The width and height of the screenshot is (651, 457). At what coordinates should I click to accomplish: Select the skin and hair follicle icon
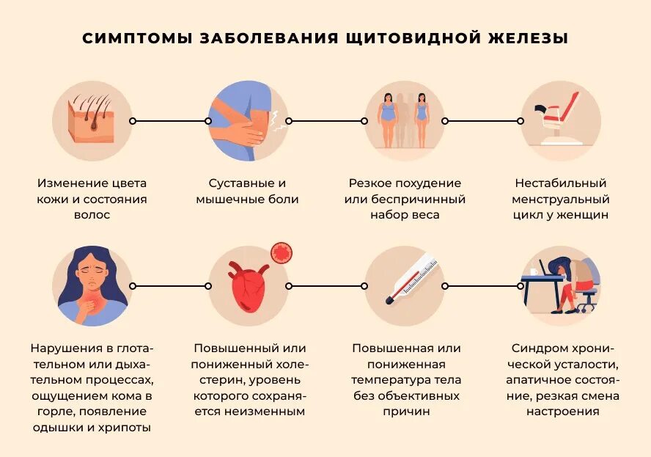click(92, 120)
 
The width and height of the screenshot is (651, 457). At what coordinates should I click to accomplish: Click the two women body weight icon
click(403, 120)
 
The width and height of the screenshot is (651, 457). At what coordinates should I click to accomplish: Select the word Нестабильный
click(561, 183)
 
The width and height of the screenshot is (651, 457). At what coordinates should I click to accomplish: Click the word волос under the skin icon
click(92, 215)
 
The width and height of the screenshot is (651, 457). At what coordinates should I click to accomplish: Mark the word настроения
click(562, 412)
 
